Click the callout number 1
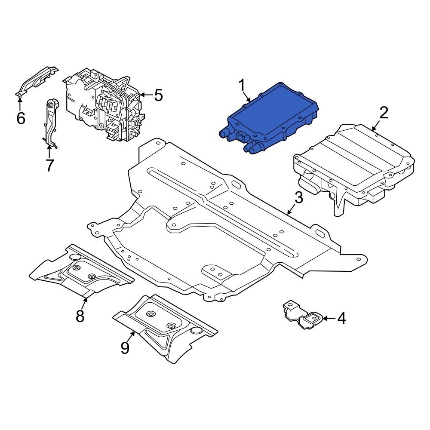click(x=243, y=86)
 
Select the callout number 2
click(x=384, y=113)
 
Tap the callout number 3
click(x=299, y=198)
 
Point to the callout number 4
click(x=341, y=319)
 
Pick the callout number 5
click(x=158, y=95)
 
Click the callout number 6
click(x=21, y=117)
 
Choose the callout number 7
click(x=49, y=165)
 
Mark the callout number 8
click(x=80, y=316)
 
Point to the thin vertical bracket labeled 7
click(x=50, y=123)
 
